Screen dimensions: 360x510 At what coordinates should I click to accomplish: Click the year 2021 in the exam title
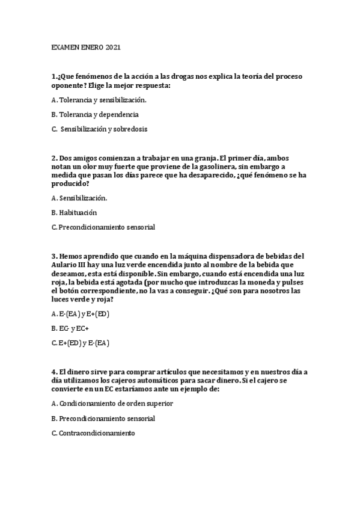point(113,47)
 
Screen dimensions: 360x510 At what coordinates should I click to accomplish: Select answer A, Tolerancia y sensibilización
point(99,100)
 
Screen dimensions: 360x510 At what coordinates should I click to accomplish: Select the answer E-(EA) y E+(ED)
point(81,314)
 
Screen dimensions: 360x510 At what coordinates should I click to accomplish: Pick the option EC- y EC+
point(70,328)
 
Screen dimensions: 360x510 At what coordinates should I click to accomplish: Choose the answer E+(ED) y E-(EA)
point(81,343)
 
